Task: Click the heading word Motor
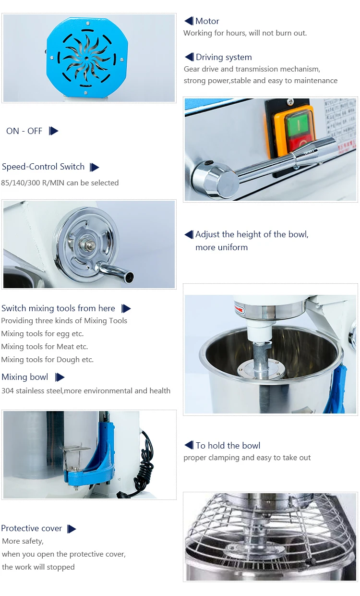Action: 207,21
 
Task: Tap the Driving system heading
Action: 224,57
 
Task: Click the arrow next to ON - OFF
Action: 53,131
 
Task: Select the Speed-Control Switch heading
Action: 43,167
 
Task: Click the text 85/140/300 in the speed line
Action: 21,183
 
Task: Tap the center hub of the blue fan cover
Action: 86,58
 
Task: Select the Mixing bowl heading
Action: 25,377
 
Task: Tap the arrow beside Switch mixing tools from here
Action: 126,308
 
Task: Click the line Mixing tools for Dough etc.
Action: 48,359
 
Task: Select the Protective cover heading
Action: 31,528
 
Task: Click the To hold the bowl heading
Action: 228,445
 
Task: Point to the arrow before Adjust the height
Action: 189,234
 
